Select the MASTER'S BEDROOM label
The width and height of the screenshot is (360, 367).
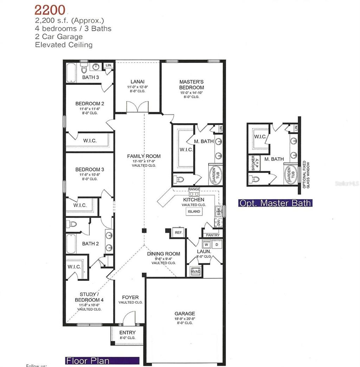[191, 84]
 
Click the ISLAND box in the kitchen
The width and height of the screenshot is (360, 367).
[194, 211]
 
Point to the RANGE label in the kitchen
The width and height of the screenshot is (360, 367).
[194, 189]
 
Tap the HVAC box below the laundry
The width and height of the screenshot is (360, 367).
[195, 271]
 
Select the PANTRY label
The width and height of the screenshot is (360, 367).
[212, 235]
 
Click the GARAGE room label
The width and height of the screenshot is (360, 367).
[185, 314]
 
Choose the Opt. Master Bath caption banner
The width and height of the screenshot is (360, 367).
[275, 203]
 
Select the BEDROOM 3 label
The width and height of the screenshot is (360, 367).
[90, 169]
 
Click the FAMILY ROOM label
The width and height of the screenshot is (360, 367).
[144, 156]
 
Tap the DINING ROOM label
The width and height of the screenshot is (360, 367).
[163, 254]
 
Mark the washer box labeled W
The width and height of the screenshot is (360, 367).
[207, 244]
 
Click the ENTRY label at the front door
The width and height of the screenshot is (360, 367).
[127, 333]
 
